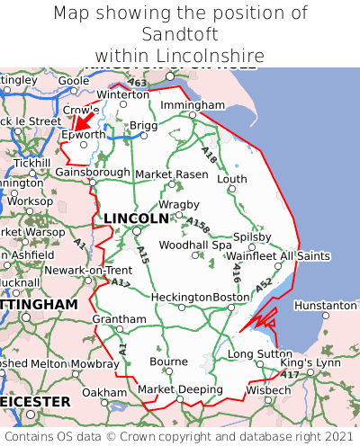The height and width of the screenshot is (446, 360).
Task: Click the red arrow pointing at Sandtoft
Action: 82,120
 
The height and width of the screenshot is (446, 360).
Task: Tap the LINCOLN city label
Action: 136,219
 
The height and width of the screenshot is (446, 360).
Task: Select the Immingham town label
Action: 192,105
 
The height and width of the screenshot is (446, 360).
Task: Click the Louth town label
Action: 231,179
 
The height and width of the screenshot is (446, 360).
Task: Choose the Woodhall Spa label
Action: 195,245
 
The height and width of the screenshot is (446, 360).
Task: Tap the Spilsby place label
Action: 252,237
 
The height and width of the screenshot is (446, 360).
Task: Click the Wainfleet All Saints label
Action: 279,256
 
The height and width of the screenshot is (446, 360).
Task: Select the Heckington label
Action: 182,297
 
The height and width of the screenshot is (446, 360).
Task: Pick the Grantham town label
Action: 119,319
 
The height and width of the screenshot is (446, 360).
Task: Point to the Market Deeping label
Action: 180,389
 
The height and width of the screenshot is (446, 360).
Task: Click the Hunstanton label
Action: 325,306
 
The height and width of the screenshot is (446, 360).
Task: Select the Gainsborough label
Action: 93,172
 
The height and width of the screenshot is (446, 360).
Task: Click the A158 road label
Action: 200,225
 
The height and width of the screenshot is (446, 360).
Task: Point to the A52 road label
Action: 263,285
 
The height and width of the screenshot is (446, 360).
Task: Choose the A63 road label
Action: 137,84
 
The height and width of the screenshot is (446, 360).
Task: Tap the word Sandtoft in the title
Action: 180,34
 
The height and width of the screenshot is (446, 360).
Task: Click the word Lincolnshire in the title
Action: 210,56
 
